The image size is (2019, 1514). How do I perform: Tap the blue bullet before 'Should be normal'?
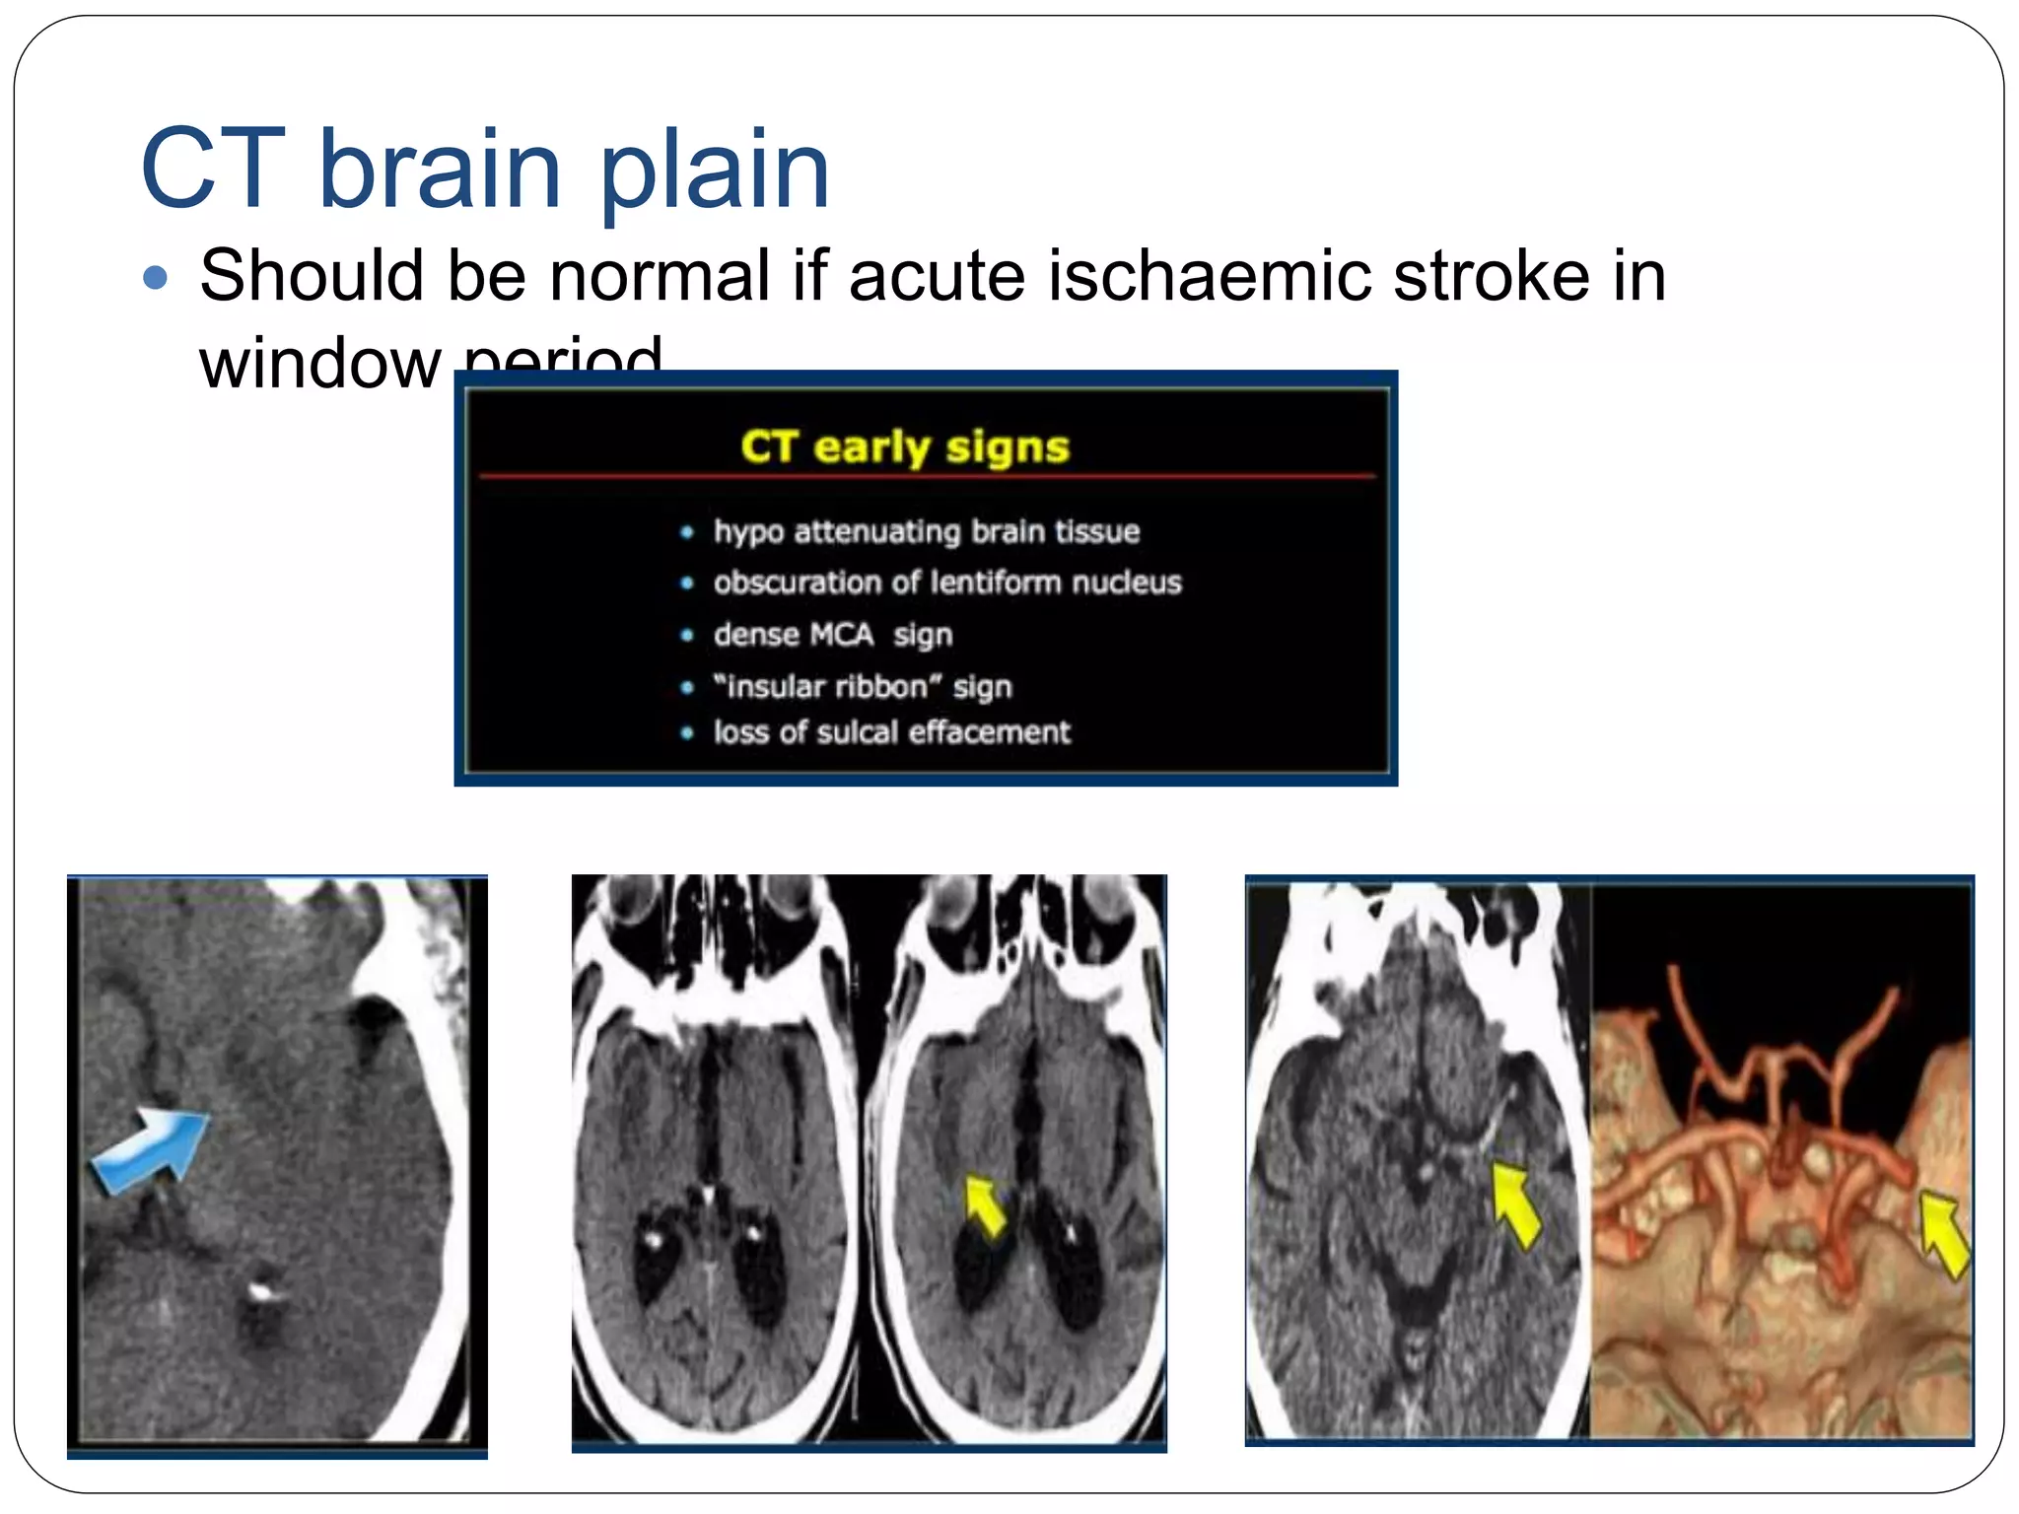[155, 277]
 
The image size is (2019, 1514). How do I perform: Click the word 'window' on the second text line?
[319, 363]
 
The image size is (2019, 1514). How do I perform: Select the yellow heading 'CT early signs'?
[904, 447]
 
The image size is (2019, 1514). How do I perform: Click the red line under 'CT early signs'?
[927, 477]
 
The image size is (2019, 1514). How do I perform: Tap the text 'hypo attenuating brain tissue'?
[926, 531]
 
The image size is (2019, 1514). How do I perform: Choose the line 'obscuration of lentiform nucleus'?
[946, 583]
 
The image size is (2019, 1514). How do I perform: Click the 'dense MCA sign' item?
[833, 634]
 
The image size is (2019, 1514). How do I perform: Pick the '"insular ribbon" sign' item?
[863, 686]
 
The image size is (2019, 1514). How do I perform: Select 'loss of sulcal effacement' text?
[891, 732]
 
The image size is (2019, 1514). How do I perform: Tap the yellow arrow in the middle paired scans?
[984, 1204]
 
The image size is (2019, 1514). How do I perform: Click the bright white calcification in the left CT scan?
[260, 1289]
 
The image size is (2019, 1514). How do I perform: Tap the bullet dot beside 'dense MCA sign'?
[687, 636]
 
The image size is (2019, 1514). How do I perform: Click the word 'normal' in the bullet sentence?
[660, 275]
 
